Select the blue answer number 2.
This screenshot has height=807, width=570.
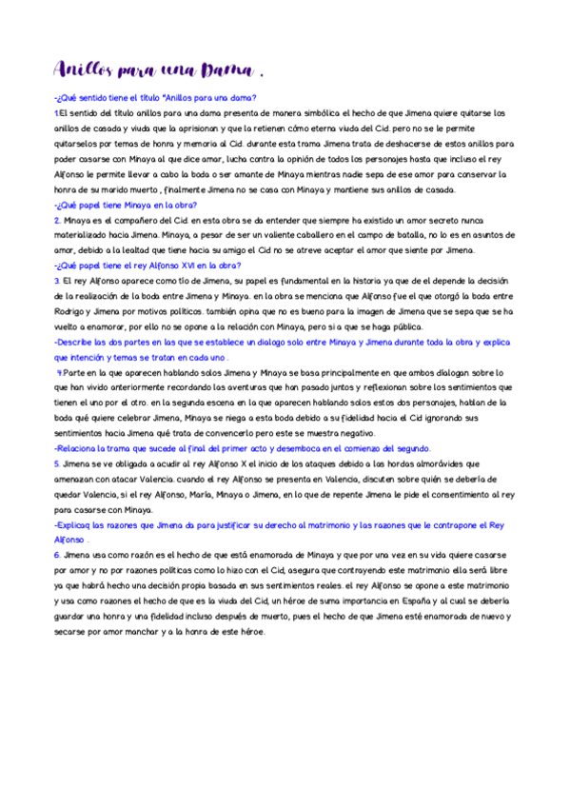[57, 220]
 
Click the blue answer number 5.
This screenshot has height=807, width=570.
[57, 463]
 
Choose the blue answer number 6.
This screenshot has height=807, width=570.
[57, 555]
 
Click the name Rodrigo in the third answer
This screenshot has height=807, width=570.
[73, 311]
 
